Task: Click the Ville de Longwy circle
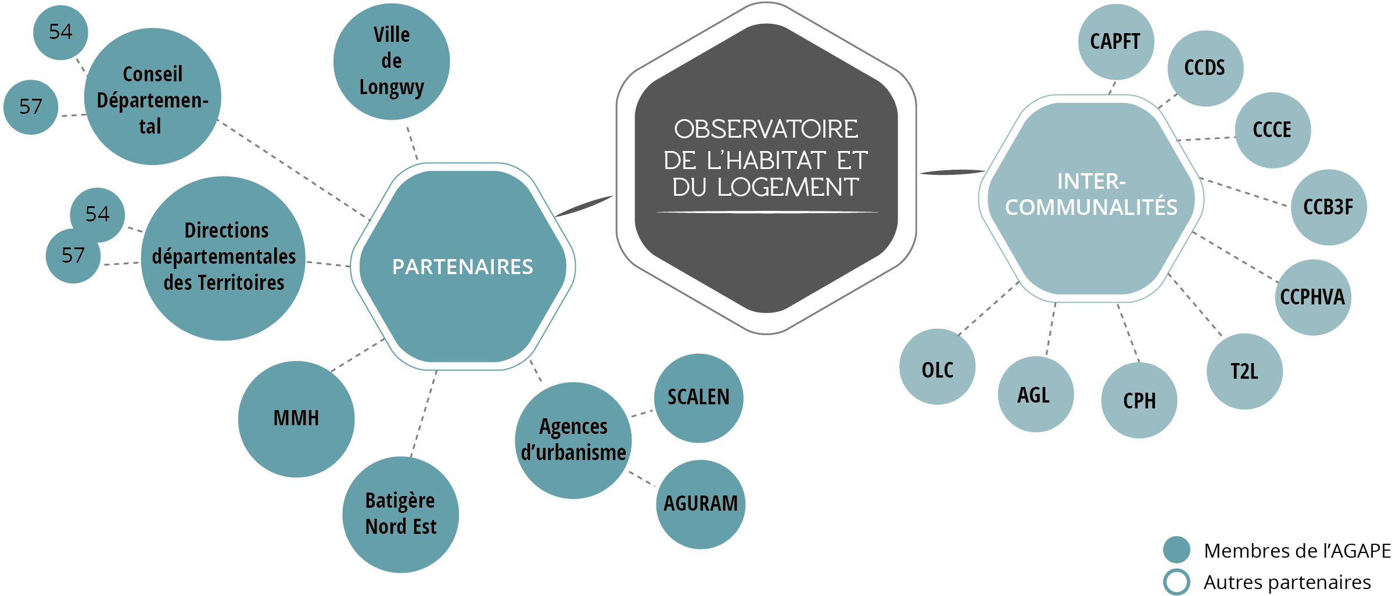[392, 62]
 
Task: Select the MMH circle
[296, 419]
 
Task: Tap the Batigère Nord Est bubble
[400, 514]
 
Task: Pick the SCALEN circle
[698, 398]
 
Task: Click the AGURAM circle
[701, 504]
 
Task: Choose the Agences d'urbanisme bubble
[573, 440]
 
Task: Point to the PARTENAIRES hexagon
[462, 267]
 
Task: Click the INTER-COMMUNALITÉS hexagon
[1091, 198]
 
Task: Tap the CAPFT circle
[1115, 42]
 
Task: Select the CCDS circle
[1205, 69]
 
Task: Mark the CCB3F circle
[1328, 207]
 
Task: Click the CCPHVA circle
[1312, 297]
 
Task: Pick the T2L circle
[1244, 372]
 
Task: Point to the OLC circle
[937, 367]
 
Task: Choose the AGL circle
[1035, 395]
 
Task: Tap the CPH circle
[1139, 401]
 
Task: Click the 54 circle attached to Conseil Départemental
[60, 33]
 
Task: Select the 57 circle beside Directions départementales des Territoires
[73, 256]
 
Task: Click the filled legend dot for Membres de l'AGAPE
[1176, 550]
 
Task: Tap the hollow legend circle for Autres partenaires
[1176, 581]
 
